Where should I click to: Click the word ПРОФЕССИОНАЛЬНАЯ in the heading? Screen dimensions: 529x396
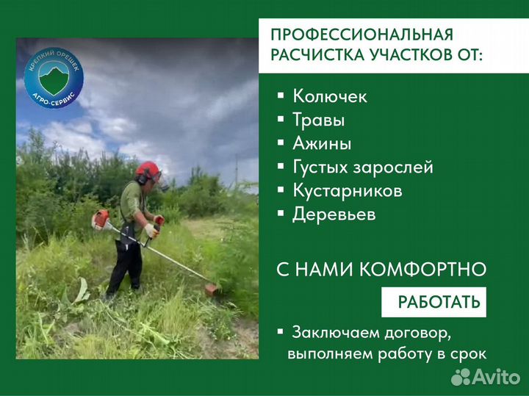tap(362, 35)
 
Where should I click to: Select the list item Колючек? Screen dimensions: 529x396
tap(330, 96)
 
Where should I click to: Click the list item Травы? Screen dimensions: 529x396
tap(318, 120)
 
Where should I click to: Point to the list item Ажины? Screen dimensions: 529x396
tap(322, 143)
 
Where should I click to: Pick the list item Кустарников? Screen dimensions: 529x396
tap(348, 190)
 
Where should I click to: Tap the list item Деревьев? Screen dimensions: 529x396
tap(334, 215)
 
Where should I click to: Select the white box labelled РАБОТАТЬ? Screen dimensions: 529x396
tap(434, 302)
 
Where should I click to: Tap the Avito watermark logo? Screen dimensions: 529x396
tap(486, 376)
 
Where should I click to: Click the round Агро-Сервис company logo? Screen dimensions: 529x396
tap(54, 77)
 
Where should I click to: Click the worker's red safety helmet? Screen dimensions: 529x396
tap(148, 169)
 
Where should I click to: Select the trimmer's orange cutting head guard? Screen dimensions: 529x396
tap(212, 289)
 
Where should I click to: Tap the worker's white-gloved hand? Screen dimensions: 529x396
tap(151, 231)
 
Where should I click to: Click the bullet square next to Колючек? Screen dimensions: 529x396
tap(281, 96)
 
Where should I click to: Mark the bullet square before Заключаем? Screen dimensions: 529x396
tap(281, 331)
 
